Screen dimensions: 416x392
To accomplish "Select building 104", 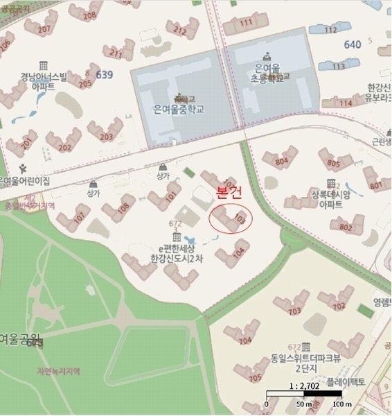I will pos(239,253).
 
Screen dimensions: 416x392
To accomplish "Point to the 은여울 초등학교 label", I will pos(267,73).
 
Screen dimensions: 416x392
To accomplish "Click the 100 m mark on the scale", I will pos(337,404).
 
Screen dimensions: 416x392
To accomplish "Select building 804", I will pos(281,162).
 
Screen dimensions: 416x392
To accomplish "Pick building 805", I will pos(335,164).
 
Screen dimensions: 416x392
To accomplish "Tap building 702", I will pos(338,306).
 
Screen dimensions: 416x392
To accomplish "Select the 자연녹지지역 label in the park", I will pos(58,371).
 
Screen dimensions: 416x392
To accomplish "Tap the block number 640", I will pos(353,44).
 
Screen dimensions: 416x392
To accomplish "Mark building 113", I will pos(336,67).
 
